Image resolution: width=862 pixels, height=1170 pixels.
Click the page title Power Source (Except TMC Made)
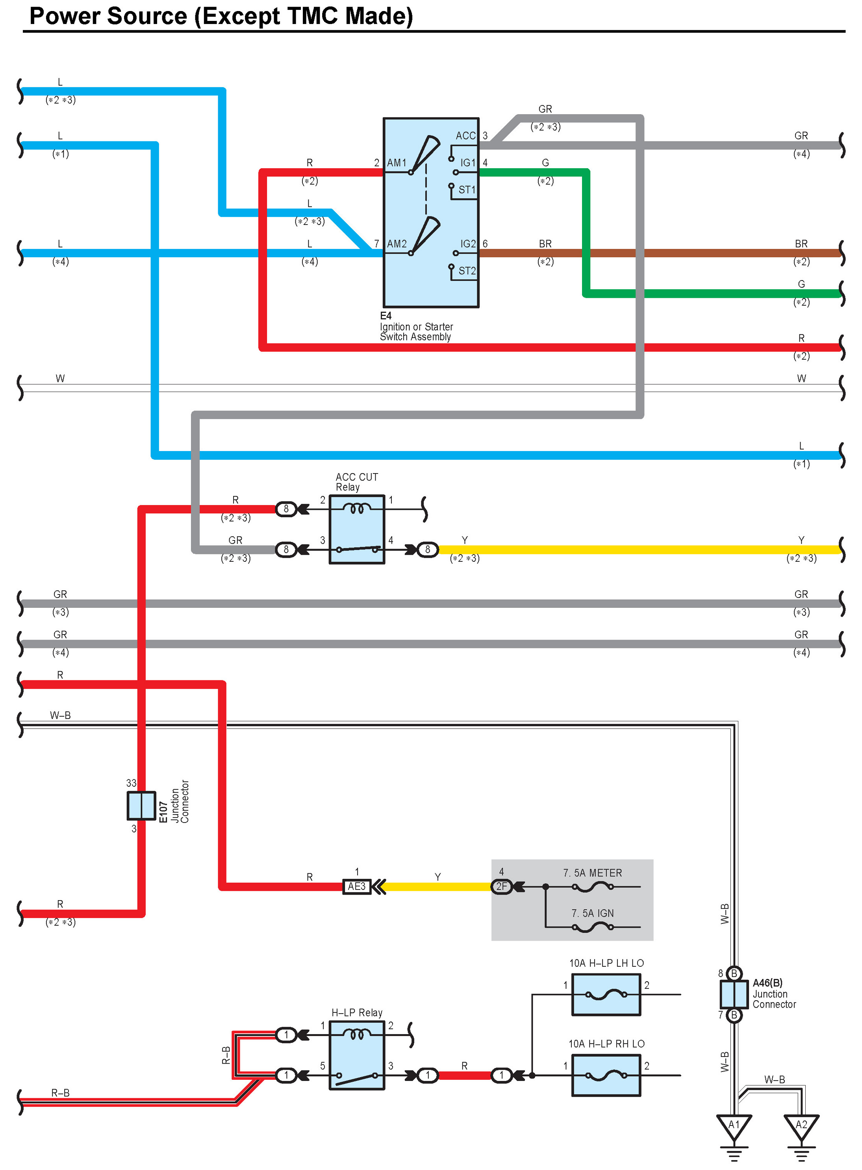tap(221, 16)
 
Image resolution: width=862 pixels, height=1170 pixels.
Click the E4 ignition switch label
tap(386, 316)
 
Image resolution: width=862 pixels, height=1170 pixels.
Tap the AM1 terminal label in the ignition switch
tap(397, 163)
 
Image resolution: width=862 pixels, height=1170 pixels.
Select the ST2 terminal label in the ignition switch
tap(467, 271)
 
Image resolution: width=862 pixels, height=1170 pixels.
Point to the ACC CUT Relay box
tap(357, 529)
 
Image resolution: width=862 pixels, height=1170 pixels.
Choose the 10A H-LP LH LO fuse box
tap(606, 995)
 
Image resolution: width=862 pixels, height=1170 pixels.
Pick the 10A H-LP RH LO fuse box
tap(606, 1075)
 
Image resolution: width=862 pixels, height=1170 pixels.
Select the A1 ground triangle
tap(734, 1125)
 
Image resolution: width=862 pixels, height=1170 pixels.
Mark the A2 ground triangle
tap(801, 1125)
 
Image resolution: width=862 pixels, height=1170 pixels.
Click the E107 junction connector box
tap(141, 805)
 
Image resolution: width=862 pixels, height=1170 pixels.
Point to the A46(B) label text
tap(767, 982)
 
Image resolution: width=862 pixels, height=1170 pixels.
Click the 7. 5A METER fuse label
tap(592, 873)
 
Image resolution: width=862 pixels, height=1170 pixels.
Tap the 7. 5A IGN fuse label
tap(592, 913)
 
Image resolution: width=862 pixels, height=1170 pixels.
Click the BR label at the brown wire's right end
tap(801, 244)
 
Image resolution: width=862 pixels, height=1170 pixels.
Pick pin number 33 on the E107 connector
tap(131, 783)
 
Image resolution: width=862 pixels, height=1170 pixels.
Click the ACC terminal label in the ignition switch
tap(465, 136)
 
